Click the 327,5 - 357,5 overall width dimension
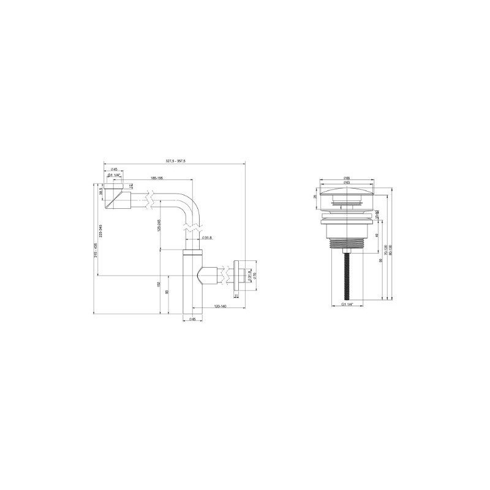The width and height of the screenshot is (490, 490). (x=176, y=160)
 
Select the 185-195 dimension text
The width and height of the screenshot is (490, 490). (x=155, y=178)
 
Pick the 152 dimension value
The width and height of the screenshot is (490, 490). (x=159, y=284)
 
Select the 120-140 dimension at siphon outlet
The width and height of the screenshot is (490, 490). (x=220, y=305)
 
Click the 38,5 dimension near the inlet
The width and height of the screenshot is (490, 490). (x=100, y=191)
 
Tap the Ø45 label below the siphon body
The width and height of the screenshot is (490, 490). (x=192, y=319)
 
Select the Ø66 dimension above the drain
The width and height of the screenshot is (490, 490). (x=347, y=178)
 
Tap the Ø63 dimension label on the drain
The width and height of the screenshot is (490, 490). (x=347, y=183)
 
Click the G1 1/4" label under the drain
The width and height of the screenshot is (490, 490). (x=347, y=305)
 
